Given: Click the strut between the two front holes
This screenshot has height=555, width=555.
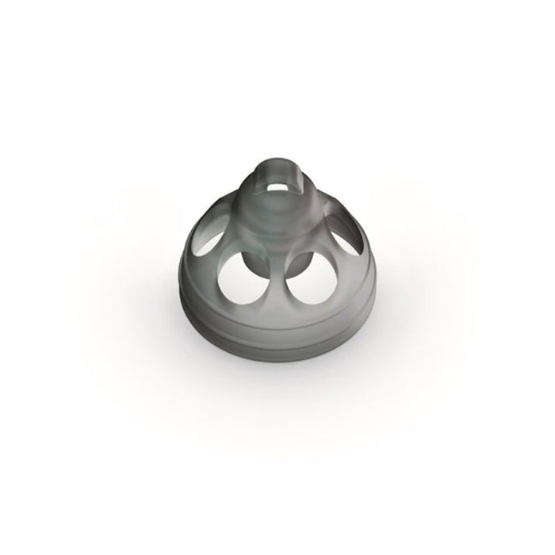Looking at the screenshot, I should click(x=275, y=289).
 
